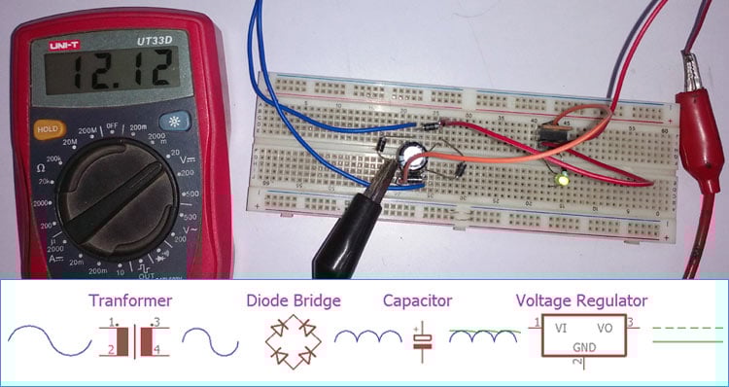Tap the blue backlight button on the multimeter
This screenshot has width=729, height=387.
tap(177, 123)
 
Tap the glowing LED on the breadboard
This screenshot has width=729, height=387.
tap(562, 180)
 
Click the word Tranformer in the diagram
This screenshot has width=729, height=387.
tap(130, 300)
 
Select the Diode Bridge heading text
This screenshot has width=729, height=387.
tap(293, 300)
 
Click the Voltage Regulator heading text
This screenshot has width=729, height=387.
tap(581, 300)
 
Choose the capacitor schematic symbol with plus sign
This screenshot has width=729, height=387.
tap(423, 339)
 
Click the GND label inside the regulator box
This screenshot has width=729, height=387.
tap(583, 346)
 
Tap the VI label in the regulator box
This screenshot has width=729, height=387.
tap(561, 329)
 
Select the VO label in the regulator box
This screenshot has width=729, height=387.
tap(605, 329)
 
